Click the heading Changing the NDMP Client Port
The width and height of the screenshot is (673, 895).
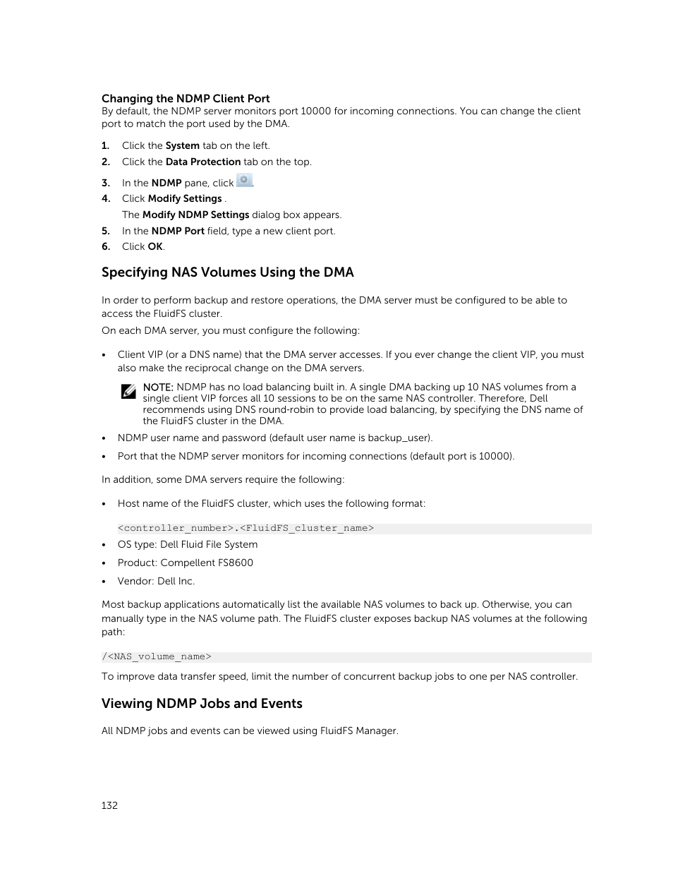[x=186, y=99]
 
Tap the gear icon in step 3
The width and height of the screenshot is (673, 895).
[x=244, y=181]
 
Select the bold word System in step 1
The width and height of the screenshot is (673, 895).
[x=182, y=146]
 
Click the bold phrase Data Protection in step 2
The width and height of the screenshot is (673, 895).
[x=203, y=162]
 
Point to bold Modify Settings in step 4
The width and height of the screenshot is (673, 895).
[x=185, y=199]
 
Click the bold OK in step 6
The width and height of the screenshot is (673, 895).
[x=155, y=247]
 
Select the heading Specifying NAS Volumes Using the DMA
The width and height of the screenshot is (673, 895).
[x=227, y=272]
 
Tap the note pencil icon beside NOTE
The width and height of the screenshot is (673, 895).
[x=128, y=392]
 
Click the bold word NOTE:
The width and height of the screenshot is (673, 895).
[x=158, y=388]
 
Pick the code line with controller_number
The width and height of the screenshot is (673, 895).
[x=245, y=528]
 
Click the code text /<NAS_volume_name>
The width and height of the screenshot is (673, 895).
[x=157, y=656]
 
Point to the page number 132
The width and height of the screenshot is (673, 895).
[x=109, y=805]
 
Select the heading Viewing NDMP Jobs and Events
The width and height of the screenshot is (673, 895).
[x=202, y=704]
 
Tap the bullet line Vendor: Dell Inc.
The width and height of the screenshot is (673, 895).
[x=156, y=582]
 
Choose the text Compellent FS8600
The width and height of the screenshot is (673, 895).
[x=206, y=563]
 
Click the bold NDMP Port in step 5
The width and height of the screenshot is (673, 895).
[x=178, y=232]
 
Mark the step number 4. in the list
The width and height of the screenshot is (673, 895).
[x=106, y=199]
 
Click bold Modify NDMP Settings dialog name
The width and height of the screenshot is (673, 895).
[x=195, y=215]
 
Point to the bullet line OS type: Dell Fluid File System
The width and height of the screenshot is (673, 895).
[x=187, y=545]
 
